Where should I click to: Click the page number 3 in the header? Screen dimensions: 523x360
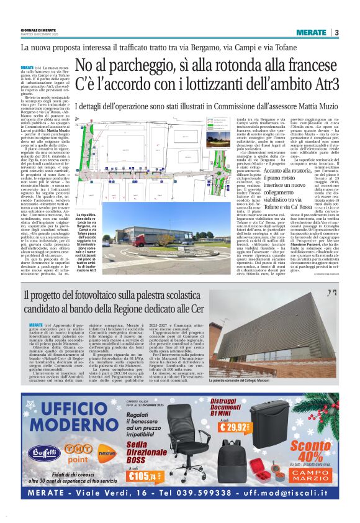click(336, 32)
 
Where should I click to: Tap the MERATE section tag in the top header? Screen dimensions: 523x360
click(310, 32)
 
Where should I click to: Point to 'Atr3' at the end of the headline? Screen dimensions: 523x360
click(322, 84)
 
